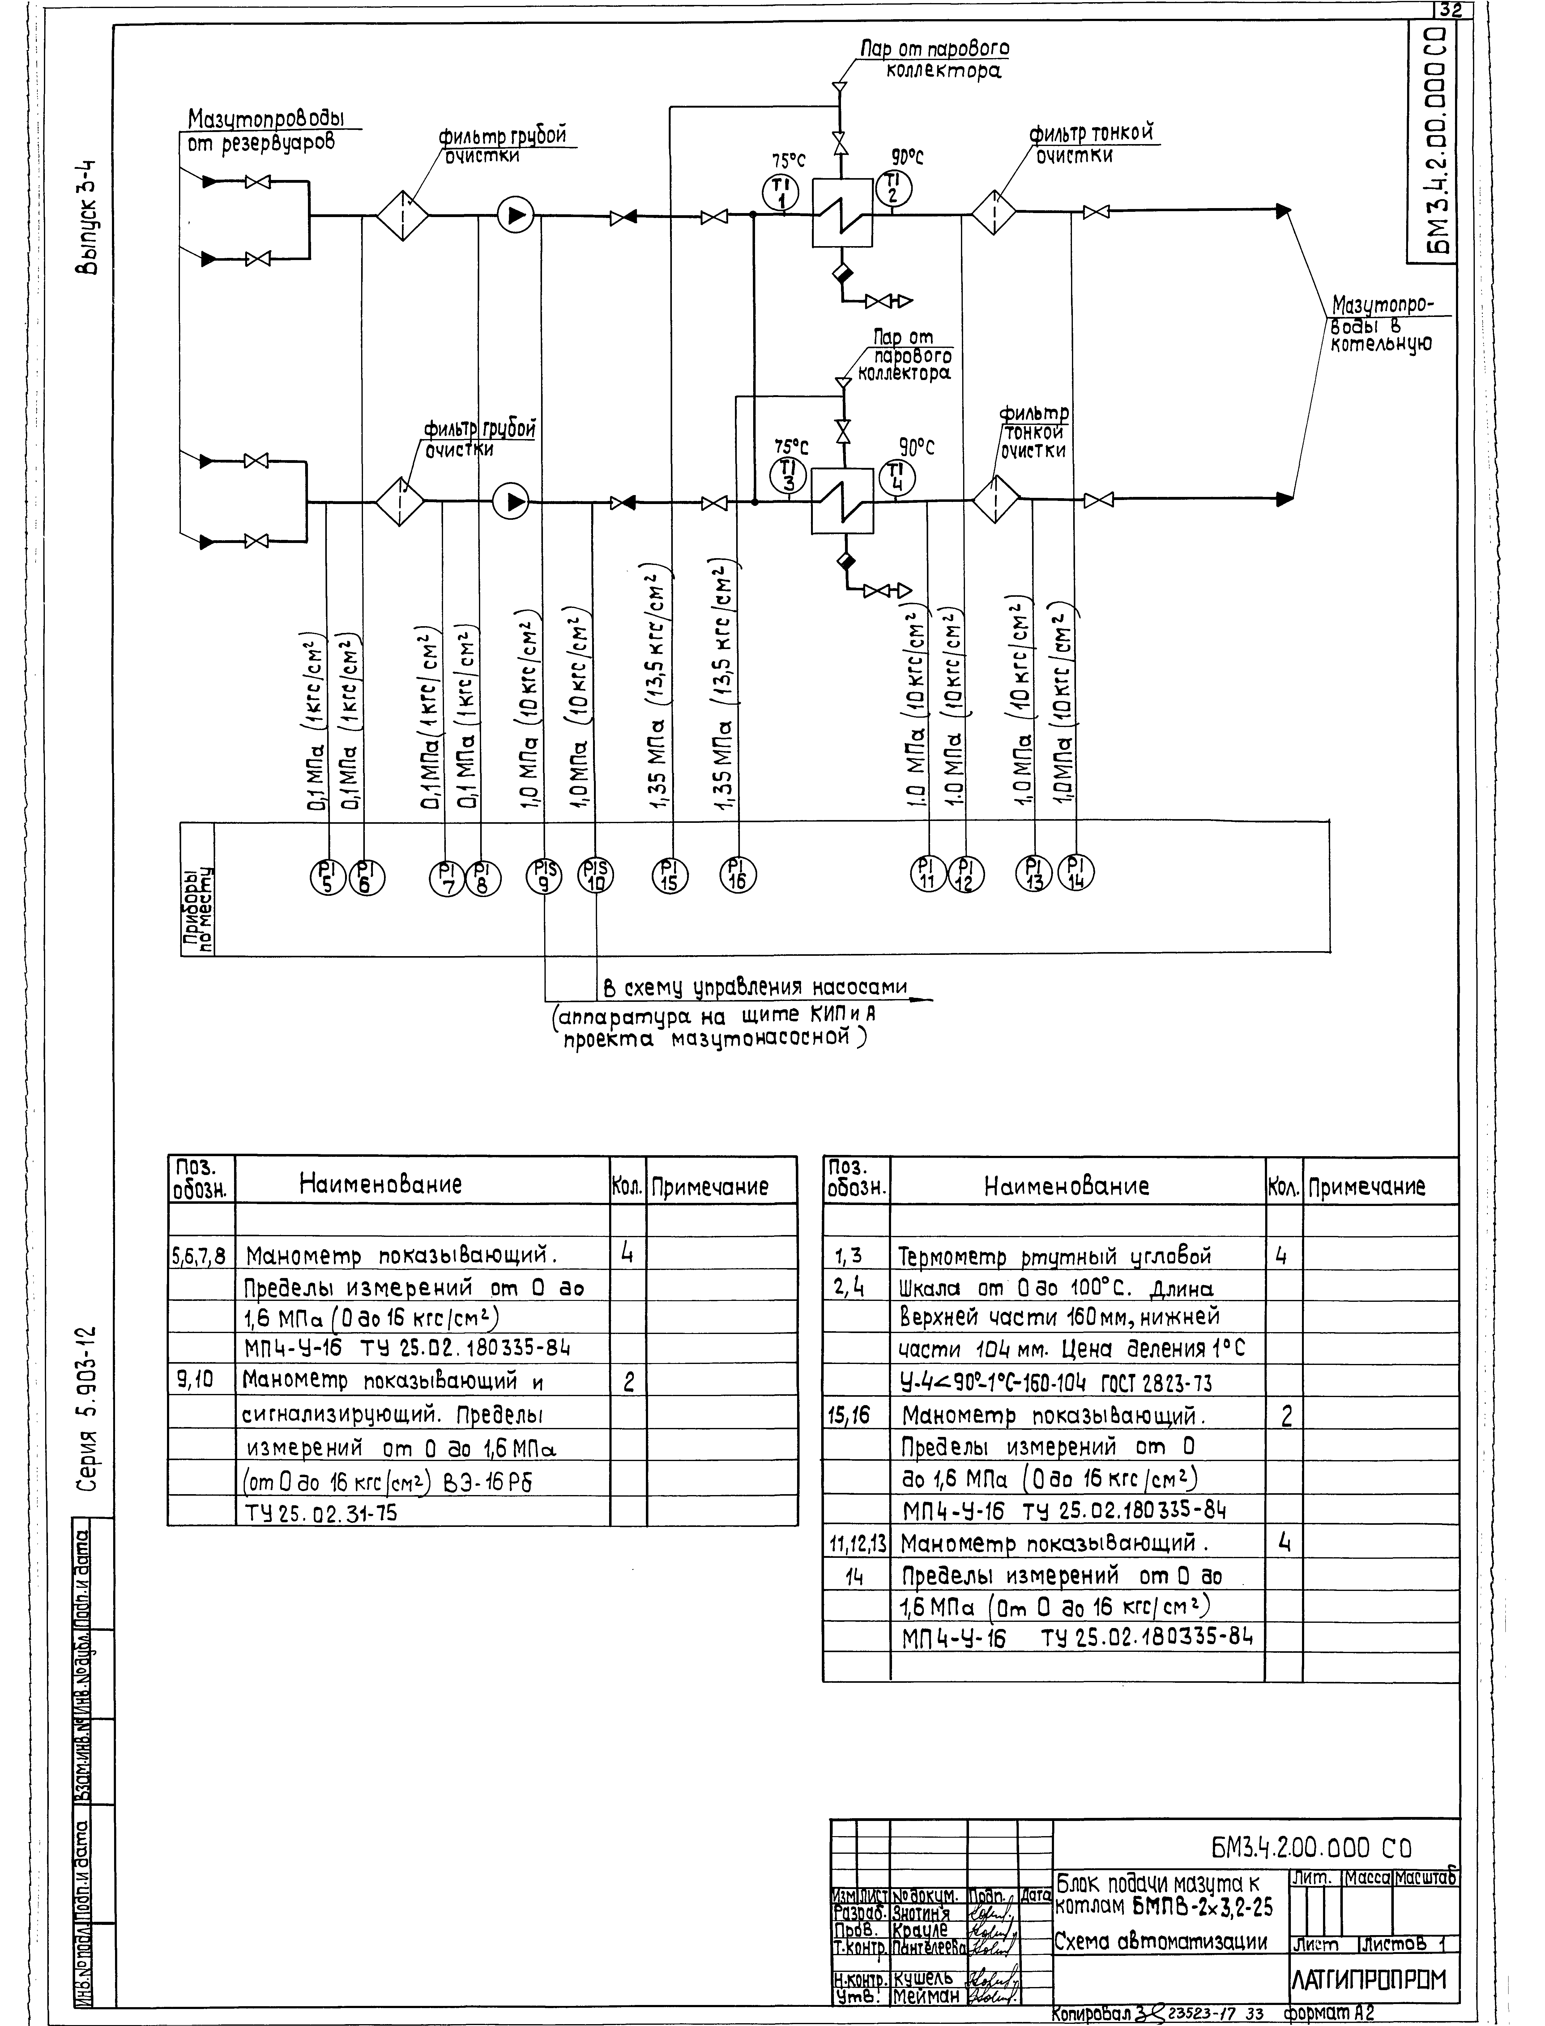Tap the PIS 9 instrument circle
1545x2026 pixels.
(x=544, y=874)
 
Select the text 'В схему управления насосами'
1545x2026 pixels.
(x=754, y=989)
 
